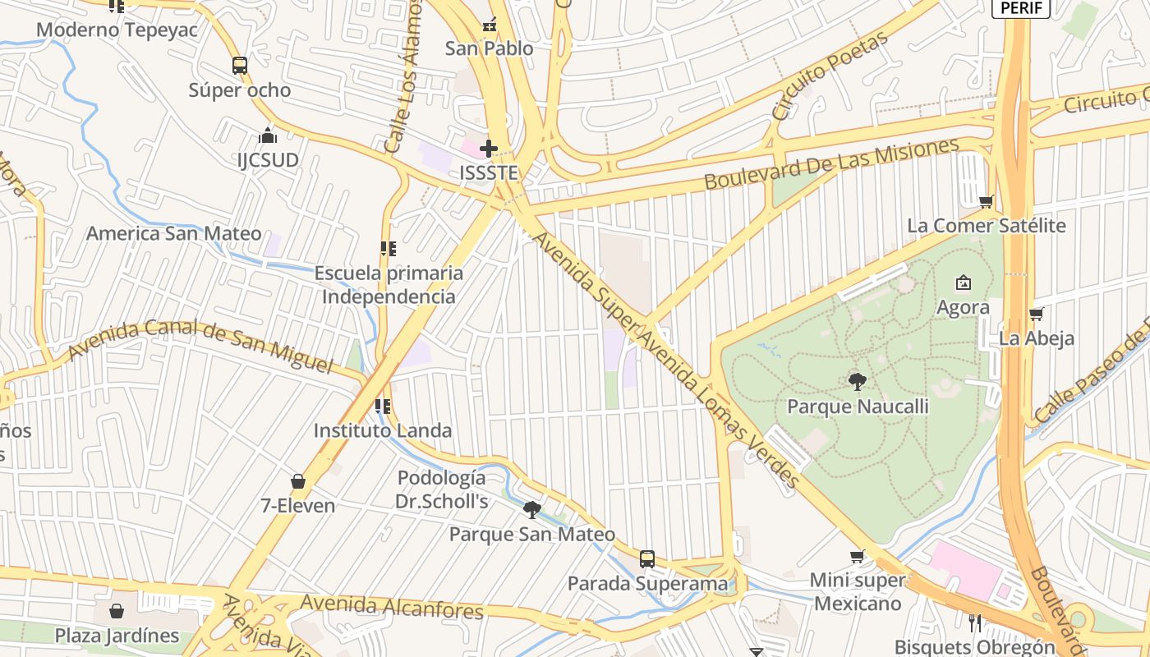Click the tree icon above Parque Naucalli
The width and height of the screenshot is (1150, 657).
tap(858, 381)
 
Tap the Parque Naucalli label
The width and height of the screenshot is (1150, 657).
tap(858, 407)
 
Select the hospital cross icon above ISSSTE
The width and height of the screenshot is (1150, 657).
tap(489, 149)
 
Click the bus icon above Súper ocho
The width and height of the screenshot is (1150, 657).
tap(240, 66)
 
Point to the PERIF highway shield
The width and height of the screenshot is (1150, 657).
tap(1022, 8)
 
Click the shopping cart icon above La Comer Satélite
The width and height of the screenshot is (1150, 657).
tap(987, 201)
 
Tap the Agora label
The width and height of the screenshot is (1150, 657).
tap(963, 307)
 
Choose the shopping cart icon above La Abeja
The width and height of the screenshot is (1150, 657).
tap(1036, 314)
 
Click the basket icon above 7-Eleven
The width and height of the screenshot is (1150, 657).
tap(298, 481)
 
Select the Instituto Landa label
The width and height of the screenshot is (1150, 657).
tap(383, 430)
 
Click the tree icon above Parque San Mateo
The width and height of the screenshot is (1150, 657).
tap(532, 510)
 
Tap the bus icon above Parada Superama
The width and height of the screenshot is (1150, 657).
tap(647, 559)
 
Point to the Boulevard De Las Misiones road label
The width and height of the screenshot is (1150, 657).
tap(831, 164)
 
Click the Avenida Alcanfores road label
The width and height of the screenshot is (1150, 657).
tap(392, 608)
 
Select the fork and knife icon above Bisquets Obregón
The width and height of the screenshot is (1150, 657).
tap(975, 623)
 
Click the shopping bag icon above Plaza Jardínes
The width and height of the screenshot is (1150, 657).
tap(117, 611)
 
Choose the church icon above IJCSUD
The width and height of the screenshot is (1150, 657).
tap(268, 136)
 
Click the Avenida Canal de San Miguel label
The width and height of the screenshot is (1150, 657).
tap(200, 344)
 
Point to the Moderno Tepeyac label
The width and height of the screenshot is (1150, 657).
tap(117, 30)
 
